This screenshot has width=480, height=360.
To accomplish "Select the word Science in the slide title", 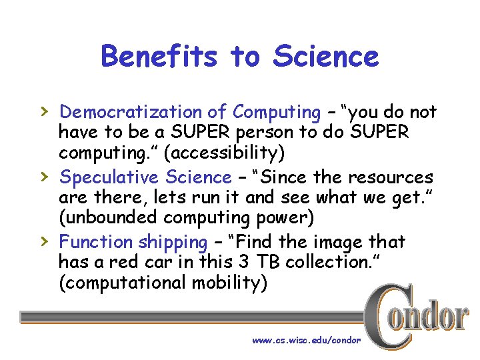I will click(325, 57).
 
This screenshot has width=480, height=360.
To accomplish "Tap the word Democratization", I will click(143, 112).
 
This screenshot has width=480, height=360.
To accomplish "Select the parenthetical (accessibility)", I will click(227, 153).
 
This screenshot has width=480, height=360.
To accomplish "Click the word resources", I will click(391, 177).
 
